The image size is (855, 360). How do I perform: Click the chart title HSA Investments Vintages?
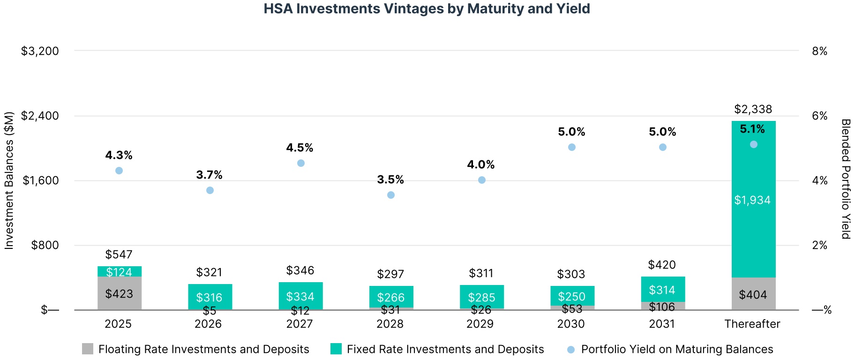pos(427,9)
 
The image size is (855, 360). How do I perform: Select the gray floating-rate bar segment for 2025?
pos(120,293)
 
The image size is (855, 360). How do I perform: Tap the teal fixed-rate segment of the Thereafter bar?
pos(753,200)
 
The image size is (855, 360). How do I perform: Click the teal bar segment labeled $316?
pos(210,297)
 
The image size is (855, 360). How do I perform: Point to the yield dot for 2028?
pos(391,195)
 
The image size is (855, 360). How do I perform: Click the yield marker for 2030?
pos(572,147)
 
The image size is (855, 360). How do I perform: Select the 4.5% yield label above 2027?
pos(300,148)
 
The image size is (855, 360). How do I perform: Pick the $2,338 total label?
pos(753,109)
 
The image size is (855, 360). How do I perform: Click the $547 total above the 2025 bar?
pos(119,255)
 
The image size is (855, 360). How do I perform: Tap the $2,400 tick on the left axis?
pos(40,116)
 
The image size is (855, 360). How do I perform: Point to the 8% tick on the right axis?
pos(819,51)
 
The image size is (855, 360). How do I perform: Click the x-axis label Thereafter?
pos(752,324)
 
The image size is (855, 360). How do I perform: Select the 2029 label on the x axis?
pos(480,324)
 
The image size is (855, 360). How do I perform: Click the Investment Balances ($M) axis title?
pos(9,180)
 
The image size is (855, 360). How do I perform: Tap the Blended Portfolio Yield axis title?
pos(845,179)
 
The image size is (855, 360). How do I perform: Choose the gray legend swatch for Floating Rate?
pos(88,349)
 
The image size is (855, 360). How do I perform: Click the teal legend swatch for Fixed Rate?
pos(336,349)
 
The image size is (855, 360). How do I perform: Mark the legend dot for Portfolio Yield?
pos(571,349)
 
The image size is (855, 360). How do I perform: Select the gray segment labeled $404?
pos(753,294)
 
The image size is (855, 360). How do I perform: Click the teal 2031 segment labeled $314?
pos(662,289)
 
